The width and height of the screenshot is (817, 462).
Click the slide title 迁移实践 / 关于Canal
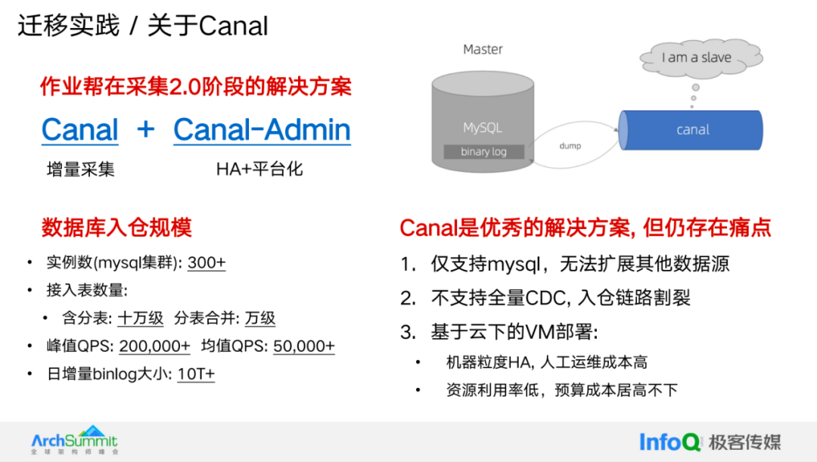(143, 26)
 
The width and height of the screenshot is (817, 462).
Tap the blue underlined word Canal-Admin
(262, 129)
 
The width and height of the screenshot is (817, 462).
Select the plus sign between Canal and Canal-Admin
(145, 129)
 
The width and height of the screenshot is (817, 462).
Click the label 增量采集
(81, 169)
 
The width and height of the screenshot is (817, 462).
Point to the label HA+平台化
(259, 169)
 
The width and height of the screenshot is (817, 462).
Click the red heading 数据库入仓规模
(116, 227)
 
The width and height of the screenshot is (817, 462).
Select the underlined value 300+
(207, 263)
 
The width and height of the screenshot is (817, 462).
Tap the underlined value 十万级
(141, 318)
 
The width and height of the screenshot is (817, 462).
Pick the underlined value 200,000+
(154, 346)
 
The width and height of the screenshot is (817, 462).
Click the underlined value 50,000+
(303, 346)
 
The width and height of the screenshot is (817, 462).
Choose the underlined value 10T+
(195, 374)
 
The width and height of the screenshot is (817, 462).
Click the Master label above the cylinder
(483, 49)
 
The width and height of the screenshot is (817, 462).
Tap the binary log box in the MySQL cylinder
(483, 152)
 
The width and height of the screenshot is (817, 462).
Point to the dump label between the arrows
(570, 146)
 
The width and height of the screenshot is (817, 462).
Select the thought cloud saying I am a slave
(696, 57)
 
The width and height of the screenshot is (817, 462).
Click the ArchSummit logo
(74, 440)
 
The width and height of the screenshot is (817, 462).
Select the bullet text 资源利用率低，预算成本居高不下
(561, 390)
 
